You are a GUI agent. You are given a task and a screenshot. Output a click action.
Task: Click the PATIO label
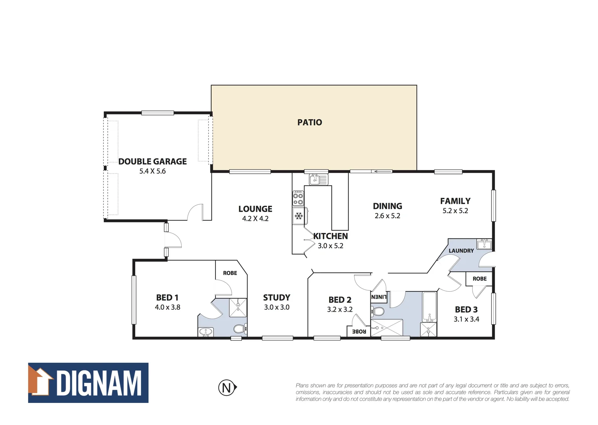pos(309,122)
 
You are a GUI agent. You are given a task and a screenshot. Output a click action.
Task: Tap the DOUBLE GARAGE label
pos(153,161)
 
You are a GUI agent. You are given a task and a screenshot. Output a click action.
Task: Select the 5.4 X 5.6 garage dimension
pos(153,171)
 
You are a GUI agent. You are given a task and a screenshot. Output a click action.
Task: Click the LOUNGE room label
pos(255,209)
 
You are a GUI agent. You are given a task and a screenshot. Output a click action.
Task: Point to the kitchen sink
pos(315,179)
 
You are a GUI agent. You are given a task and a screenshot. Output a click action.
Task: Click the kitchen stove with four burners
pos(298,198)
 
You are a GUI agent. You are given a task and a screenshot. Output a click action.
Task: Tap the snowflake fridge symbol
pos(299,216)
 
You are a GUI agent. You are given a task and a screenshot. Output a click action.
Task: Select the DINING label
pos(387,206)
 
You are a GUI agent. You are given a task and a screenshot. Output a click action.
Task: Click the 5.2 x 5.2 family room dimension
pos(455,211)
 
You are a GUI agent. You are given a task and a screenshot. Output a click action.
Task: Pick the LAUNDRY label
pos(461,251)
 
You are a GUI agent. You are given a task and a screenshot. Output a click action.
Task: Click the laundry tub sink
pos(484,244)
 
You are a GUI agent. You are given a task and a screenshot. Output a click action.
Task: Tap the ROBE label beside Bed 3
pos(480,279)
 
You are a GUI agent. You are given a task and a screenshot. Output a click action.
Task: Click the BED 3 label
pos(466,309)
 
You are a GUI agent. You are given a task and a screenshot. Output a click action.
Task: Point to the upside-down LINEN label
pos(379,297)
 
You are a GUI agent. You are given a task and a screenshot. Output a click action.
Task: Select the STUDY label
pos(276,297)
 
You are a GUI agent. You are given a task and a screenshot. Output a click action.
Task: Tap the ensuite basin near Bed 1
pos(206,333)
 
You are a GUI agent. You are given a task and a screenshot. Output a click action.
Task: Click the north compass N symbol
pos(227,388)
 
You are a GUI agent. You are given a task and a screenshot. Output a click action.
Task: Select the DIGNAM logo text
pos(99,383)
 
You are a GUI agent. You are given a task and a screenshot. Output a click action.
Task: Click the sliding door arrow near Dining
pos(382,171)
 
